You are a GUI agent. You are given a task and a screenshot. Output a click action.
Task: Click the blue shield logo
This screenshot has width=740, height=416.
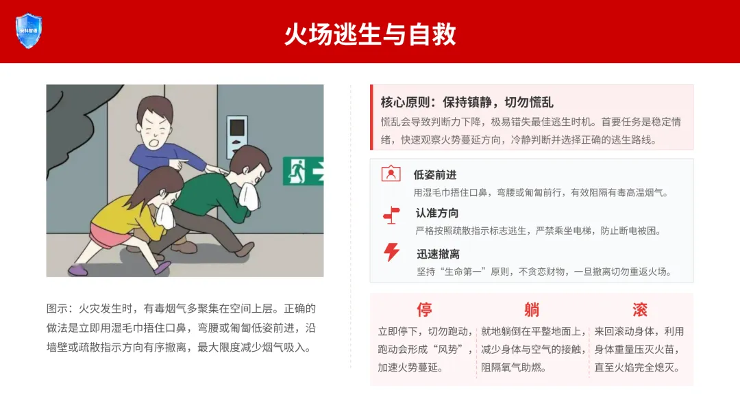pyautogui.click(x=29, y=31)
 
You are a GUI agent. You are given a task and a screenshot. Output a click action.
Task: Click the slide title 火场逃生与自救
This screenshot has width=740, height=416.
pyautogui.click(x=370, y=34)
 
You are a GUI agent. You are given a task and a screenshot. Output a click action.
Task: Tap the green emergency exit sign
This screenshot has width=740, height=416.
pyautogui.click(x=303, y=171)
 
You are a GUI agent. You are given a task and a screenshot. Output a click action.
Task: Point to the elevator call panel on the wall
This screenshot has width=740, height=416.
pyautogui.click(x=237, y=136)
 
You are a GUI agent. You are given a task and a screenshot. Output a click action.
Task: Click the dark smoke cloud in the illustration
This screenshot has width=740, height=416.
pyautogui.click(x=75, y=122)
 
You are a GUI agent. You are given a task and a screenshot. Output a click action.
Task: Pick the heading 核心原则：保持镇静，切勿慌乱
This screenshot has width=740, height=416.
pyautogui.click(x=467, y=102)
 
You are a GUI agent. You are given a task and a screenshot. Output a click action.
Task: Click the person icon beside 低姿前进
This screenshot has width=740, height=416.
pyautogui.click(x=391, y=174)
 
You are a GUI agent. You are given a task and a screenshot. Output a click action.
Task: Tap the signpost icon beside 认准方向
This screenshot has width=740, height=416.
pyautogui.click(x=391, y=216)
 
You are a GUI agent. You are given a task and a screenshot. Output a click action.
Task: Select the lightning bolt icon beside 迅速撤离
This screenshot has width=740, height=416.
pyautogui.click(x=391, y=252)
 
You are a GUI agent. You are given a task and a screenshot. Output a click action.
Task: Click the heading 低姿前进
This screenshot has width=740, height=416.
pyautogui.click(x=434, y=175)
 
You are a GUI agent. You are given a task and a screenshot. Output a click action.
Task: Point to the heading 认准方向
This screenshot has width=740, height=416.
pyautogui.click(x=437, y=213)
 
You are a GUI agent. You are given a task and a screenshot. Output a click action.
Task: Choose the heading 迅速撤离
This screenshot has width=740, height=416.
pyautogui.click(x=438, y=255)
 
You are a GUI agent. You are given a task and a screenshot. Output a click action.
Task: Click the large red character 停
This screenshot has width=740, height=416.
pyautogui.click(x=424, y=309)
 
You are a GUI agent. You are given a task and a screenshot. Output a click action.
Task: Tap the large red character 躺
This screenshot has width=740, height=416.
pyautogui.click(x=532, y=309)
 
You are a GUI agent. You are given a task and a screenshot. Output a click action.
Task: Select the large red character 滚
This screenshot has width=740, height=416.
pyautogui.click(x=640, y=309)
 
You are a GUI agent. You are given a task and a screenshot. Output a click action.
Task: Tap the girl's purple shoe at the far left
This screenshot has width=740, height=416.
pyautogui.click(x=78, y=270)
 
